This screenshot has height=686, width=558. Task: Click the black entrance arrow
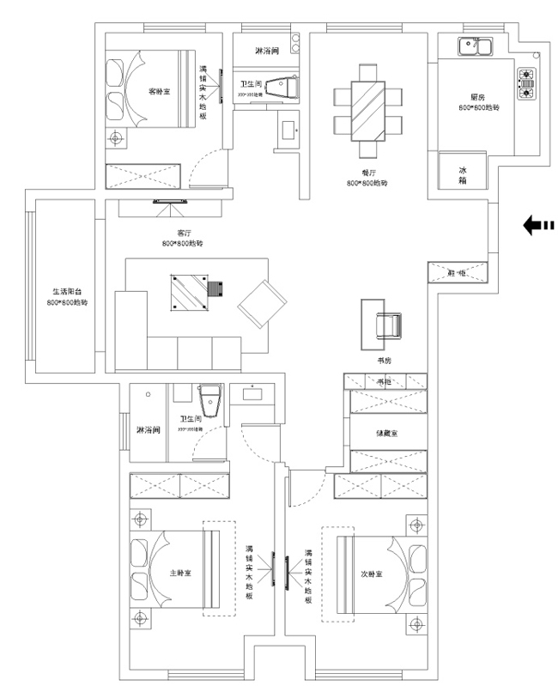point(538,226)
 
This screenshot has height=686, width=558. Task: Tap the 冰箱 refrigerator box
point(463,176)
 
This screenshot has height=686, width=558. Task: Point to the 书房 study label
point(383,361)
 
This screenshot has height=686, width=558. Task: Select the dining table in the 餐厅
point(367,103)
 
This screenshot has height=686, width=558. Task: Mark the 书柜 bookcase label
point(383,380)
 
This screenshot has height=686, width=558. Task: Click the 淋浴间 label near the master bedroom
point(148,429)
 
